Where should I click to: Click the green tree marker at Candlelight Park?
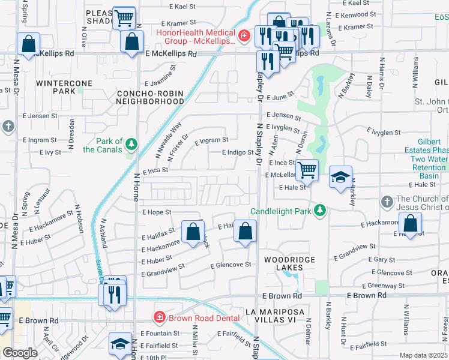click(321, 209)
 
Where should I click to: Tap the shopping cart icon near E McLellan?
click(307, 169)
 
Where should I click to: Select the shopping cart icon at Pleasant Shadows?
click(124, 18)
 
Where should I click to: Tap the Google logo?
click(20, 352)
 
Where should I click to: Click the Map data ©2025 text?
click(423, 355)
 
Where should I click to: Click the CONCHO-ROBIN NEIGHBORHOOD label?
click(150, 97)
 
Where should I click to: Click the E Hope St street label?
click(157, 212)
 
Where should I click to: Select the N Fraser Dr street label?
click(178, 147)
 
